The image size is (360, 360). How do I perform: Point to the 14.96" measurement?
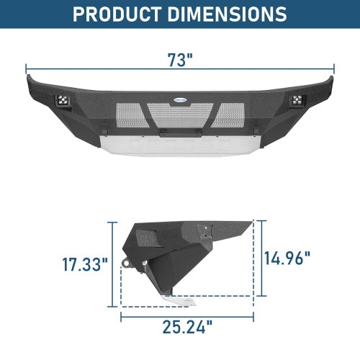(287, 257)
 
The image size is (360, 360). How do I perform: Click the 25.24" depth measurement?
(187, 328)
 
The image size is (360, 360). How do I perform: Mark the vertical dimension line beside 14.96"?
(262, 257)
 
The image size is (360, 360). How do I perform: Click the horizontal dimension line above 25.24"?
(187, 313)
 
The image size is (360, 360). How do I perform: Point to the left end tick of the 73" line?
(27, 71)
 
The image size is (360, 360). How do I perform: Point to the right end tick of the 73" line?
(333, 71)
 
